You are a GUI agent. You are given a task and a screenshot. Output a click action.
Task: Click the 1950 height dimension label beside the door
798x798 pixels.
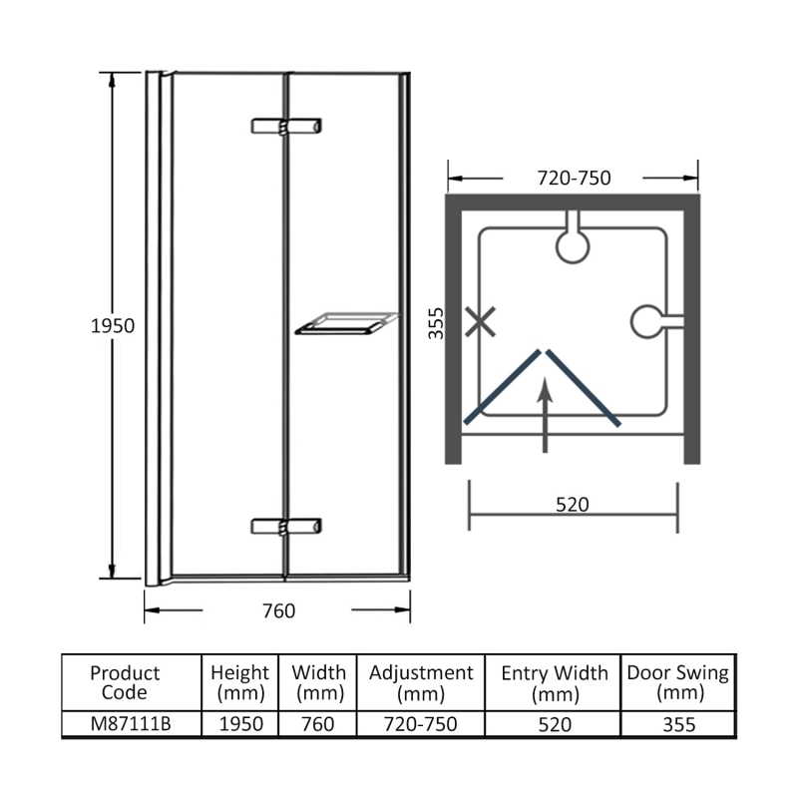(x=112, y=326)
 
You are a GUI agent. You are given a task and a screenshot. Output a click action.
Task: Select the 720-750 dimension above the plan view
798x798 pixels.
(x=574, y=179)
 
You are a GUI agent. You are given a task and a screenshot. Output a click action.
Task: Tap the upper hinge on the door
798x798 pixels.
(x=287, y=127)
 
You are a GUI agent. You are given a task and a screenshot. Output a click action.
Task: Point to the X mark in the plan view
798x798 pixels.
(x=481, y=322)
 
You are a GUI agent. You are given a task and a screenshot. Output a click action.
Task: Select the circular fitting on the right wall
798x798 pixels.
(x=649, y=321)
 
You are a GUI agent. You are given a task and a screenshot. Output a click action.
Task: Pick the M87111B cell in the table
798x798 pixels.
(x=132, y=724)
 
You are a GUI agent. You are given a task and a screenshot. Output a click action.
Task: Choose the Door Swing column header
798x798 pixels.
(x=677, y=682)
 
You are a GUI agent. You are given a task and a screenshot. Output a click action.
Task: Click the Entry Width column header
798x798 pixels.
(x=555, y=682)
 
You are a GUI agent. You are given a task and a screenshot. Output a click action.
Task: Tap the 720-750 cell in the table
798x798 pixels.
(x=421, y=724)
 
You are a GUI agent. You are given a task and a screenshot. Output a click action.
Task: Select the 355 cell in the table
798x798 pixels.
(x=677, y=724)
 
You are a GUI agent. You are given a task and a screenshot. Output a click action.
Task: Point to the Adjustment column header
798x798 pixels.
(x=421, y=682)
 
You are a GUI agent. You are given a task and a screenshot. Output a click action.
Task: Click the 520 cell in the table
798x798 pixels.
(x=555, y=724)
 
